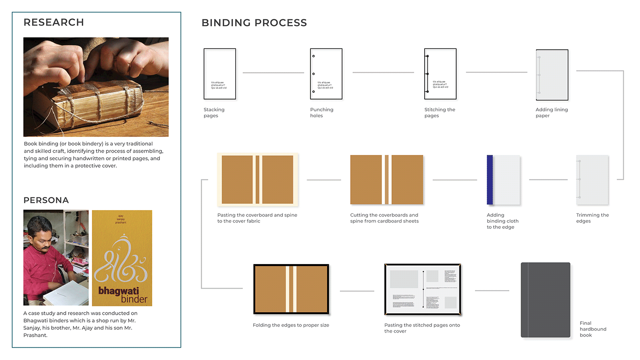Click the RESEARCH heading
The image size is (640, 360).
(x=53, y=22)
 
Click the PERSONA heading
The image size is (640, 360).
(x=46, y=200)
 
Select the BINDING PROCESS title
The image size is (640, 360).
(x=254, y=23)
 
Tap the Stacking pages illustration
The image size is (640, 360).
(x=220, y=74)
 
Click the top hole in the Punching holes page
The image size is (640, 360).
(x=314, y=56)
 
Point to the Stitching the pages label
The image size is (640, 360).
(x=439, y=112)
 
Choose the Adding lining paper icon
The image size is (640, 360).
(x=552, y=75)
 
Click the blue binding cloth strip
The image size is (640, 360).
(x=490, y=180)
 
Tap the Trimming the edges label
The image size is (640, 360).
(x=592, y=218)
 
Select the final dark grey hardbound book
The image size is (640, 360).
(x=545, y=300)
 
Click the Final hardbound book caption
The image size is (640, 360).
(x=592, y=329)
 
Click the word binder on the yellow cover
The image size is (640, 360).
(x=134, y=299)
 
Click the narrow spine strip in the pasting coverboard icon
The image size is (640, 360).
(x=257, y=180)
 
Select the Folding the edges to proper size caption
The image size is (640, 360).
(x=291, y=325)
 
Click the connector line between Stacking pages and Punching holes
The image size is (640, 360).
(x=273, y=73)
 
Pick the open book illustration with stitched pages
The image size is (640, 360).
(x=422, y=290)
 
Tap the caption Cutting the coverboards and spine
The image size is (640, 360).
(x=384, y=218)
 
